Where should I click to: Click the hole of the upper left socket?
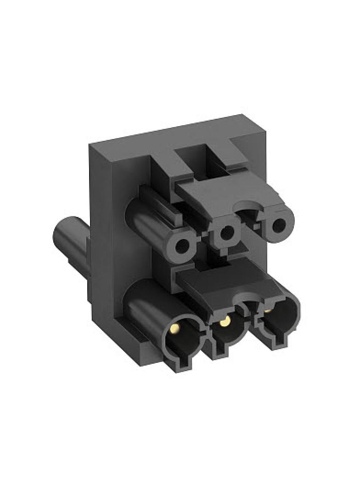[x=182, y=246]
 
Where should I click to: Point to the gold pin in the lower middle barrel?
[x=224, y=322]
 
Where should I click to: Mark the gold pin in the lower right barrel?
[x=267, y=311]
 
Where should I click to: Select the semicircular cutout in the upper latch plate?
[x=248, y=209]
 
